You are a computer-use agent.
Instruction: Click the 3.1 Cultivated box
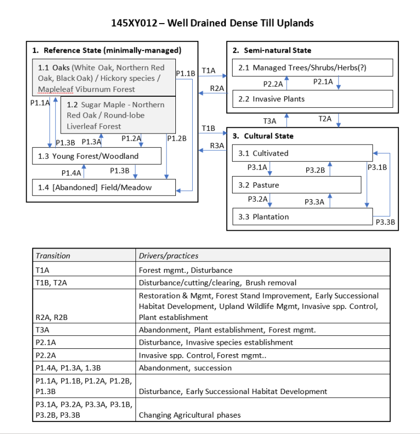(302, 153)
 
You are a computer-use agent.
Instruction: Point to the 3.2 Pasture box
(297, 185)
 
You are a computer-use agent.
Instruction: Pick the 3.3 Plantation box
(302, 216)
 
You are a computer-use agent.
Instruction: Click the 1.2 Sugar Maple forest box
(118, 116)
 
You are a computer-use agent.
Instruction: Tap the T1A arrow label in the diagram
(208, 70)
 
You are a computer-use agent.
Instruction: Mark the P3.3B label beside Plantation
(385, 222)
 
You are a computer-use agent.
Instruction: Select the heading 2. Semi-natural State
(272, 50)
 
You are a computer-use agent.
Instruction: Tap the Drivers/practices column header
(169, 255)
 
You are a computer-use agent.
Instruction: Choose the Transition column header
(52, 255)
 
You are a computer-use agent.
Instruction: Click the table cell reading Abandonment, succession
(185, 368)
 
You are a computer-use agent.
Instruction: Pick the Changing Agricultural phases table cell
(190, 415)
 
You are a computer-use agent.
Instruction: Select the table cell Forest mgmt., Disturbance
(185, 270)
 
